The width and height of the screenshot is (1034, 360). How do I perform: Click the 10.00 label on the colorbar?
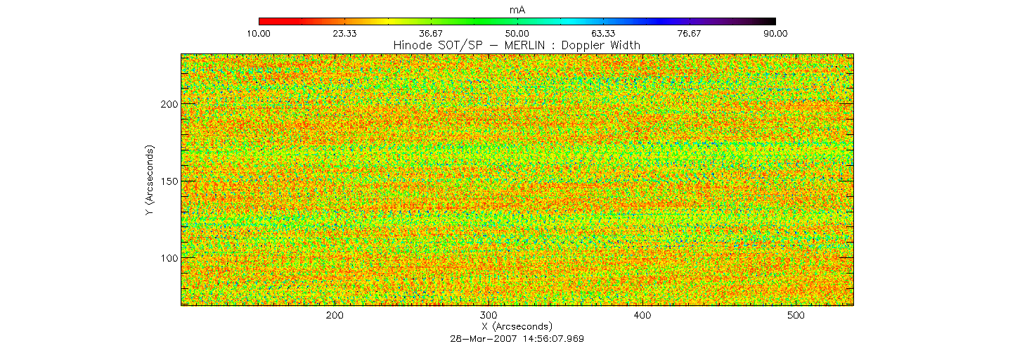[x=259, y=33]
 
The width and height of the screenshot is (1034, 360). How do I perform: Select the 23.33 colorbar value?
[x=344, y=33]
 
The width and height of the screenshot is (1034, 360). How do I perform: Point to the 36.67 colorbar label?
[x=431, y=33]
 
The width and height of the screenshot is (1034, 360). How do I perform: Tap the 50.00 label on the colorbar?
[x=517, y=33]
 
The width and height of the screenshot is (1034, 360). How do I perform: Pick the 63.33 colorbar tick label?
[x=603, y=33]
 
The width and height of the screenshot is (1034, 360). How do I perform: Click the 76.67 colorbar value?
[x=690, y=33]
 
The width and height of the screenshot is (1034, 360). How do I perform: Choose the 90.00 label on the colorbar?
[x=775, y=33]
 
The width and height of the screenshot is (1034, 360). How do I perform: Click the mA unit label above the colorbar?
[x=517, y=10]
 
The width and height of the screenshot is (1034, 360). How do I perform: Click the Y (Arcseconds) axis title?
[x=150, y=181]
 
